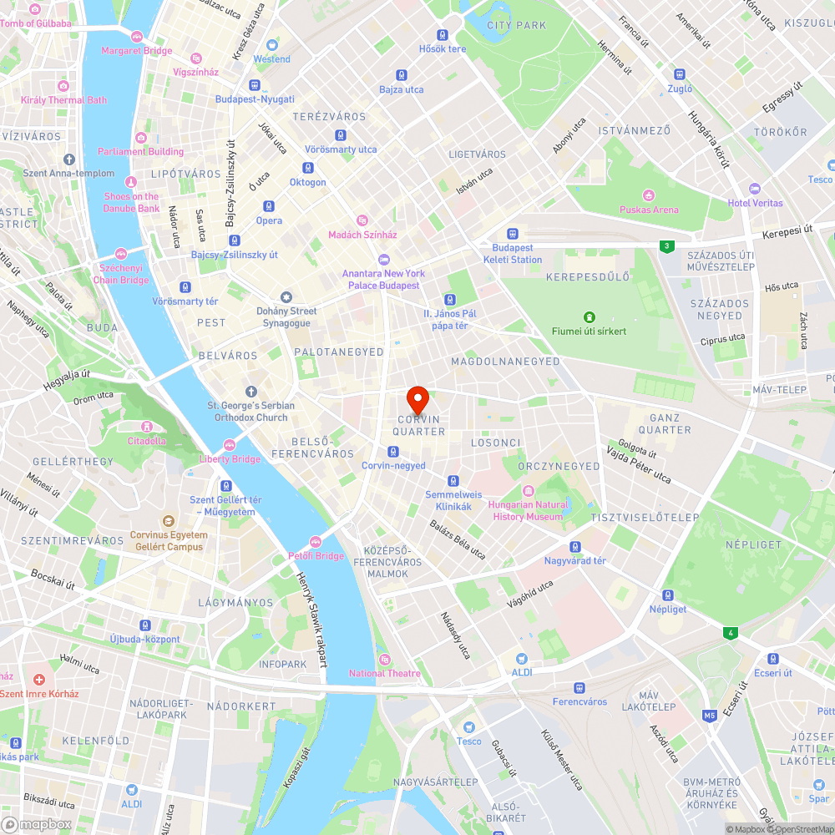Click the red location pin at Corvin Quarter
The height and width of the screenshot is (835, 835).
[417, 397]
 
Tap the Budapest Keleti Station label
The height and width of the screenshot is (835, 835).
[512, 254]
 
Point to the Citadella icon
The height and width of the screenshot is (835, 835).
[147, 427]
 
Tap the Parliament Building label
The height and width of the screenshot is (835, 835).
[140, 151]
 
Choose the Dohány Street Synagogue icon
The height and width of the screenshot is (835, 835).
[286, 297]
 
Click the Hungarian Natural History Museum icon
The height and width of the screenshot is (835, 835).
[528, 491]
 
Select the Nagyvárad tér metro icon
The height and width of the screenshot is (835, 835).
[575, 546]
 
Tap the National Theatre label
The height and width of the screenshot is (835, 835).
[385, 673]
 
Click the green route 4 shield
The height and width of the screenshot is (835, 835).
[731, 633]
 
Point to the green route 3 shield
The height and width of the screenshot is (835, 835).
[665, 245]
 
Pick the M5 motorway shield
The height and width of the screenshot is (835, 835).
[710, 716]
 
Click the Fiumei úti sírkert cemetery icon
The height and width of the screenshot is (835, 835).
[589, 317]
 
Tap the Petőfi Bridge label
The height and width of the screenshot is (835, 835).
[316, 555]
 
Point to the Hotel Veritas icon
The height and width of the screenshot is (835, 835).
[755, 189]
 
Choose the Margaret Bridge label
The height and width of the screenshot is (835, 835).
[136, 50]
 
